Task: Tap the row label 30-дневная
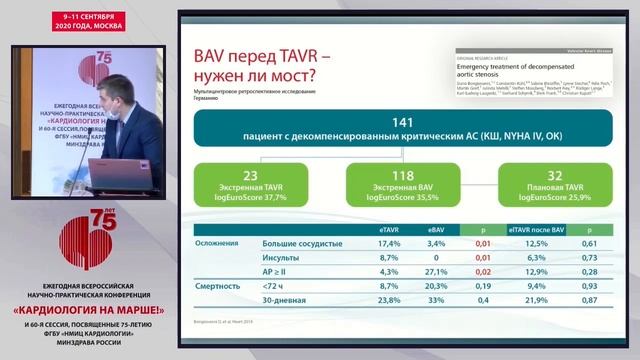[284, 300]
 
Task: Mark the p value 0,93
[590, 286]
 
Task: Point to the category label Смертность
[218, 286]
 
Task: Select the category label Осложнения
[217, 243]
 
